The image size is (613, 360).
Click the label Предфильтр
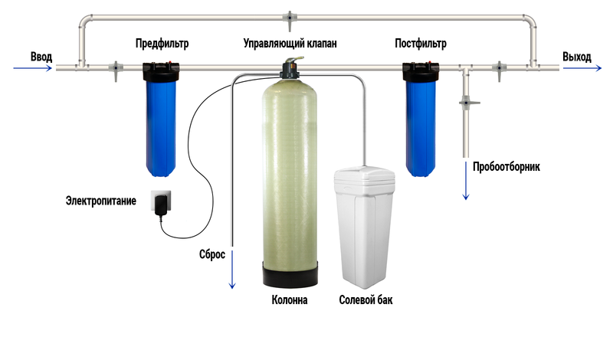pos(162,44)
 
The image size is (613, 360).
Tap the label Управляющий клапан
pos(290,44)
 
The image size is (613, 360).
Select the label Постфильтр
pos(420,44)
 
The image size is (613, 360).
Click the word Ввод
pos(41,57)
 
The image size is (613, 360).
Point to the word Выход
pos(577,57)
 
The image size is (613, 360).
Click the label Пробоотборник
pos(506,167)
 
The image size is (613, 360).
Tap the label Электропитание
pos(101,201)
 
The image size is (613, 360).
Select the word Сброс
pos(212,254)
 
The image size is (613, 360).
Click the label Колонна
pos(290,299)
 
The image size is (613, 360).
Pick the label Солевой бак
pos(366,299)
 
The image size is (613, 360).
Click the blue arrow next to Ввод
pos(33,68)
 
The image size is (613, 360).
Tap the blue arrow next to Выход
pos(582,68)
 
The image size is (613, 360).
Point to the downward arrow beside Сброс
pos(232,270)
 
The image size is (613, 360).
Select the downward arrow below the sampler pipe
pos(466,181)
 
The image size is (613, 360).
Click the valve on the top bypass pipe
pos(290,20)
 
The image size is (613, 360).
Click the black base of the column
pos(290,274)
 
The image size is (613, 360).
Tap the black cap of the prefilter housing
pos(161,71)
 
